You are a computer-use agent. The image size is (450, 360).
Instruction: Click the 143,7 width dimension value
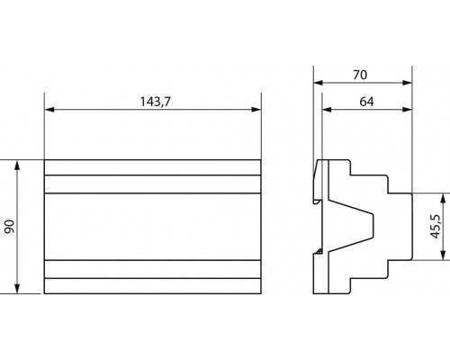click(153, 102)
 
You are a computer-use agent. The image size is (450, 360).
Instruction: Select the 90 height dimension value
click(10, 227)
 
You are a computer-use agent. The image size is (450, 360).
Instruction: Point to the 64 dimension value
click(365, 102)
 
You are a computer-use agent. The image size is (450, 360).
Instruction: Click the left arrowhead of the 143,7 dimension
click(49, 110)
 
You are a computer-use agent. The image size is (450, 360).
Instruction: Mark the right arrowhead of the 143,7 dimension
click(258, 110)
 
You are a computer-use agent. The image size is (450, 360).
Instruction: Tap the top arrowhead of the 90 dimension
click(19, 164)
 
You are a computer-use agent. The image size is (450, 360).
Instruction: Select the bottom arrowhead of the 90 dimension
click(19, 289)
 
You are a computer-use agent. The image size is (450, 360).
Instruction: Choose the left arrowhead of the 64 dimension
click(326, 110)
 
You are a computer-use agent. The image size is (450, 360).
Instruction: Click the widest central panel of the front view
click(153, 226)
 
